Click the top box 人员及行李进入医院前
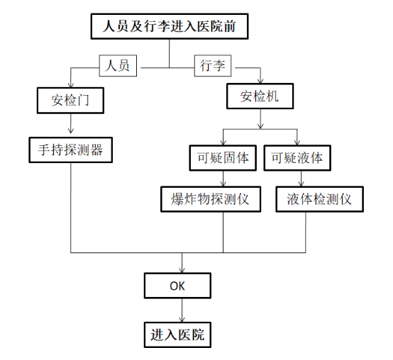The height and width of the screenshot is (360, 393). coord(170,26)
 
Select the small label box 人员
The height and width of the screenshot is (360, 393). coord(118,66)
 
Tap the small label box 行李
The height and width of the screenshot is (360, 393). coord(213,66)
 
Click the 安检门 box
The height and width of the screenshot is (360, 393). coord(70,101)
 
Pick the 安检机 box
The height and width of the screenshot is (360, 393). coord(260,96)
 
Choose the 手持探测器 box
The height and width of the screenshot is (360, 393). coord(71,150)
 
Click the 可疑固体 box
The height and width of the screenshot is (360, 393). coord(223,158)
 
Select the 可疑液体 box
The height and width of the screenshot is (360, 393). coord(297,158)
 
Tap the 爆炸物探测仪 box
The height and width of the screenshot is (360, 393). coord(211,199)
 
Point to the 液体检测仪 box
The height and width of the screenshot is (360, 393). coord(319,199)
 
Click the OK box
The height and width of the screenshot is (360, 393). coord(177,286)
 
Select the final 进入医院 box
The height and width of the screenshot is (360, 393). coord(177,334)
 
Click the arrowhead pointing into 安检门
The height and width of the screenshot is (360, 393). coord(71,85)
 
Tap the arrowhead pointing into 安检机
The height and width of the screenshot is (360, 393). coord(260,81)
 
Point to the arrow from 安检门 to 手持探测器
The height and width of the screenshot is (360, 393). coord(71,123)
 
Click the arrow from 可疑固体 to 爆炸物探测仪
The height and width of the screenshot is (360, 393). coord(223,179)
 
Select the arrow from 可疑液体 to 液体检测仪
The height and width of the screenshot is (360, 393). coord(301,179)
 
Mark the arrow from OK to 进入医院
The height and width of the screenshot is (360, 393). coord(182,310)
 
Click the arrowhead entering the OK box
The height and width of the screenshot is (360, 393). coord(182,271)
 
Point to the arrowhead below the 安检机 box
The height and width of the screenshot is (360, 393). coord(260,127)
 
